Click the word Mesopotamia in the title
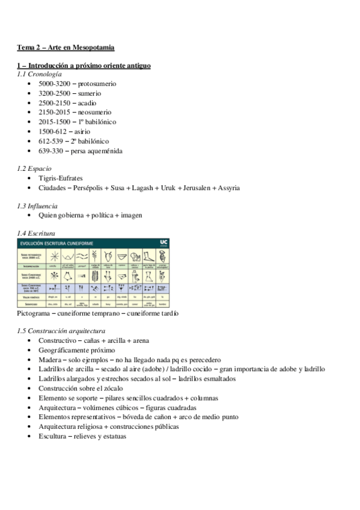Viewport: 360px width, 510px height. point(93,47)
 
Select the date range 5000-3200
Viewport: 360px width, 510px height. point(56,84)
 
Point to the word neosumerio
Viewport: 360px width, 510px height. point(97,112)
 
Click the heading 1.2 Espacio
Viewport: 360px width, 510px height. point(34,169)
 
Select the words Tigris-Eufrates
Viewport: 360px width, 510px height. point(61,179)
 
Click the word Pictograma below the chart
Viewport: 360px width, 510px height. point(35,313)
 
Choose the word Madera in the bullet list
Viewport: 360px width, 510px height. point(51,360)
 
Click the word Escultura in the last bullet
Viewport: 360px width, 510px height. point(54,436)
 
